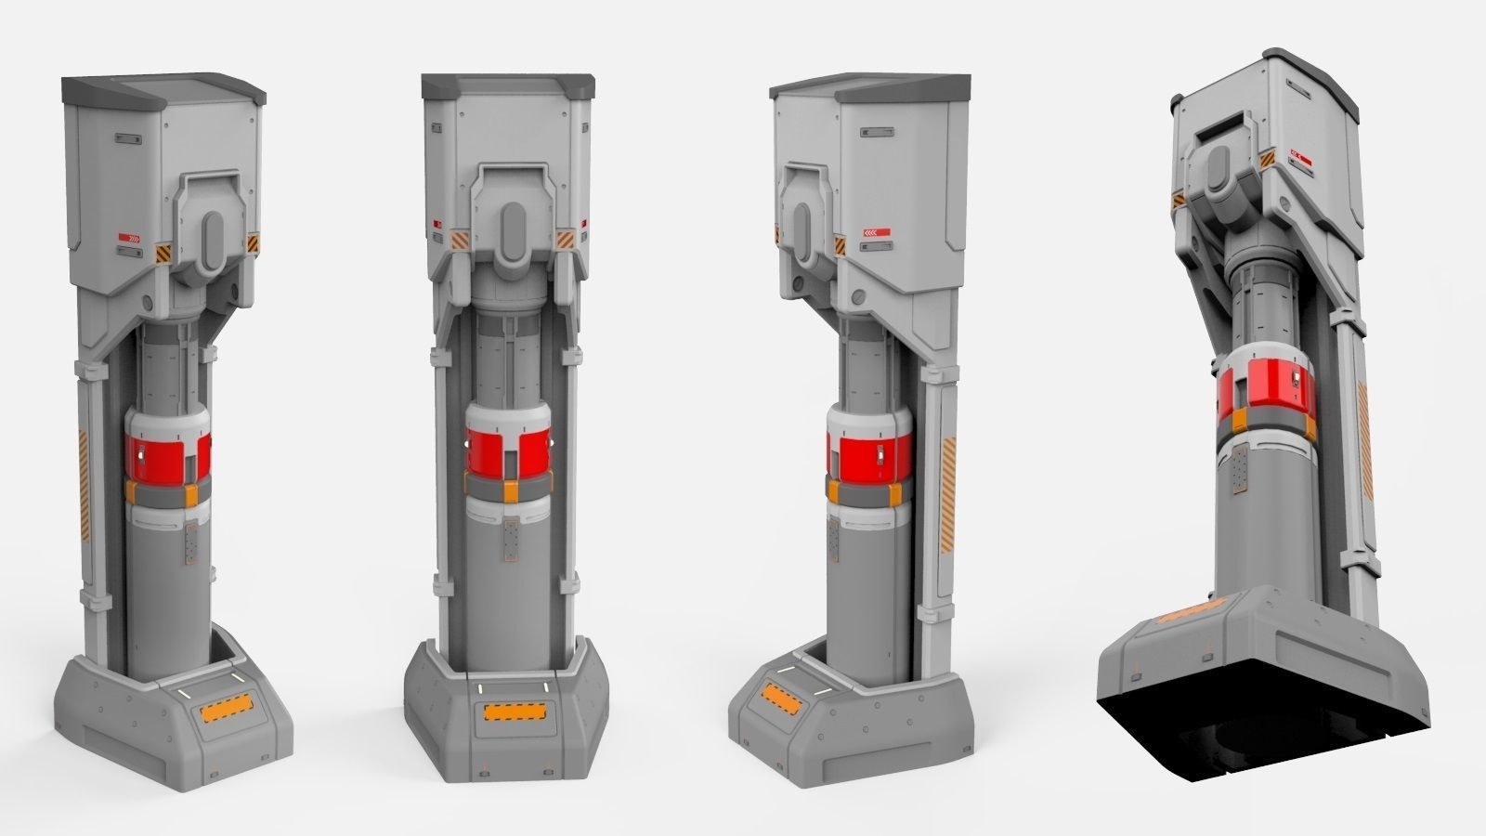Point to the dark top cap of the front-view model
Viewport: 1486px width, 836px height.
tap(506, 87)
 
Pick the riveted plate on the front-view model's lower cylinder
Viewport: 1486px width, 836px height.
tap(510, 542)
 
